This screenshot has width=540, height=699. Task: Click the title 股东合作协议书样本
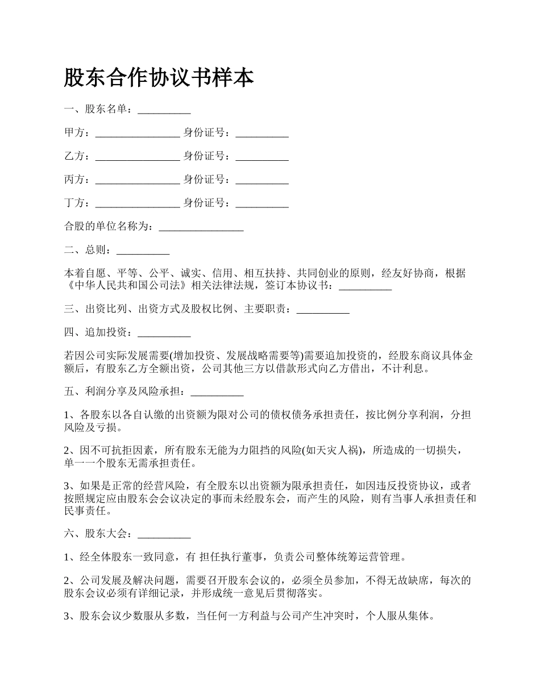(159, 78)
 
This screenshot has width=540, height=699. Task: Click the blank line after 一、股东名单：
(164, 110)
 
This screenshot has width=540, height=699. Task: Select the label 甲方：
(77, 133)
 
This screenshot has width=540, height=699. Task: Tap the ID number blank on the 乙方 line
(262, 156)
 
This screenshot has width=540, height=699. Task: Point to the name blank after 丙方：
(138, 180)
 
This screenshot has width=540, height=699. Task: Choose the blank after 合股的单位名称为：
(201, 227)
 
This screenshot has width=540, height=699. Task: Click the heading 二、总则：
(90, 250)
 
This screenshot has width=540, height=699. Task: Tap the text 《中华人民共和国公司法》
(127, 285)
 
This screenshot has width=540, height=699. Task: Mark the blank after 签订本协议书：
(365, 286)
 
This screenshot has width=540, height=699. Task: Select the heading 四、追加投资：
(100, 332)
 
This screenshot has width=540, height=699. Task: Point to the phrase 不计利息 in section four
(401, 369)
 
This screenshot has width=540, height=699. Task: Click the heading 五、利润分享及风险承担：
(127, 392)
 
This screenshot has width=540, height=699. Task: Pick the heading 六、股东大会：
(100, 534)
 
